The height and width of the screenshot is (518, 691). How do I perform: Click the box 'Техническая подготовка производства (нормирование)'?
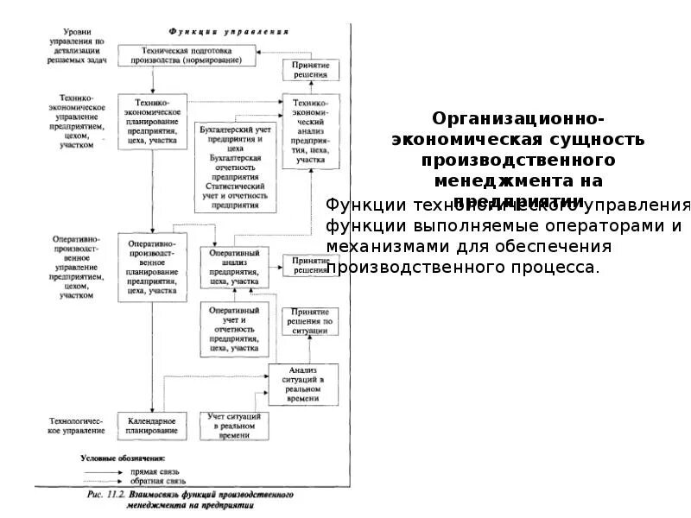click(187, 55)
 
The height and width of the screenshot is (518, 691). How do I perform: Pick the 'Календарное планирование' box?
click(152, 424)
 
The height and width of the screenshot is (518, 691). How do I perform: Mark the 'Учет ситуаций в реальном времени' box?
click(233, 426)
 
